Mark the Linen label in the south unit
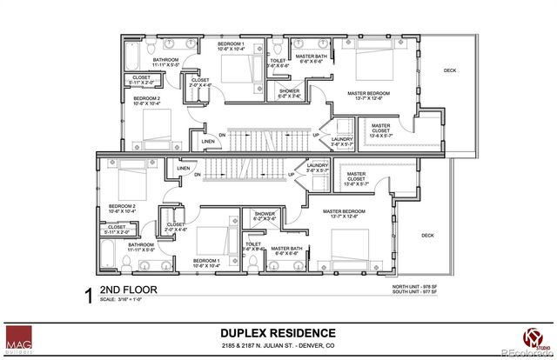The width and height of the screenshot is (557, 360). pyautogui.click(x=184, y=168)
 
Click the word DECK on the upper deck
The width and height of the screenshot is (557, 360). pyautogui.click(x=450, y=70)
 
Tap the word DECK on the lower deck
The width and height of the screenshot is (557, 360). pyautogui.click(x=427, y=235)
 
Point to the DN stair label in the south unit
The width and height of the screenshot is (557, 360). pyautogui.click(x=198, y=175)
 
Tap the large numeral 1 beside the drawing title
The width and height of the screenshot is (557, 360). pyautogui.click(x=87, y=297)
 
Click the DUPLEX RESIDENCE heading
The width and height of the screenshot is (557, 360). pyautogui.click(x=277, y=333)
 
